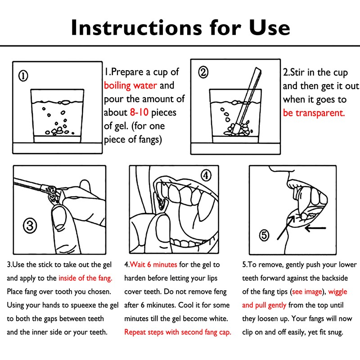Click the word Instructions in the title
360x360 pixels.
point(137,27)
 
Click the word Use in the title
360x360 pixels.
point(270,27)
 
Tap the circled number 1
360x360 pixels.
point(23,76)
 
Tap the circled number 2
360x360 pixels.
point(203,72)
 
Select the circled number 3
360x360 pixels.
point(30,225)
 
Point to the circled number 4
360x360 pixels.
point(206,175)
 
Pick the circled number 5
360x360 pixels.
point(264,235)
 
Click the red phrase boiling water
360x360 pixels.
point(130,85)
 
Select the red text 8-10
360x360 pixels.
point(139,112)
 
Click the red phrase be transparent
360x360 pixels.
point(314,113)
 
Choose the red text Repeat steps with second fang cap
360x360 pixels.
point(178,332)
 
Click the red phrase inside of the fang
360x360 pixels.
point(85,278)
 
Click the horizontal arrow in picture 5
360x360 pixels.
point(315,228)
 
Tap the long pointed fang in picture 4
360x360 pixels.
point(202,207)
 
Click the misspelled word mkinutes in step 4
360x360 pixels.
point(162,305)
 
